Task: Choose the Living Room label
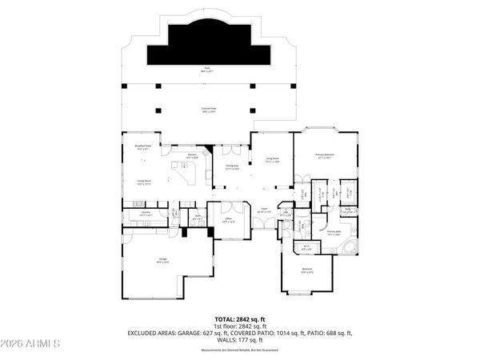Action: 271,160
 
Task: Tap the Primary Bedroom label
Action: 324,155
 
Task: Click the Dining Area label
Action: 233,167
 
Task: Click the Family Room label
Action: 144,182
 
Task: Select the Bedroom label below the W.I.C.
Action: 306,270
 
